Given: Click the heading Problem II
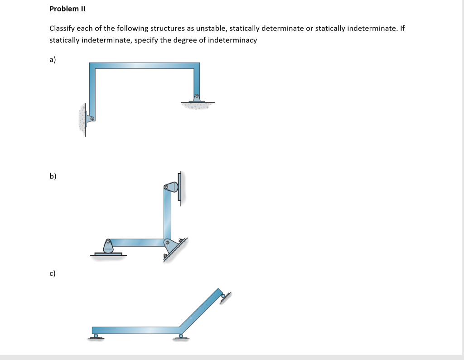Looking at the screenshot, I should click(67, 9).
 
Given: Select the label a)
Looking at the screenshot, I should click(53, 59).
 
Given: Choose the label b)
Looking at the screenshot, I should click(53, 176).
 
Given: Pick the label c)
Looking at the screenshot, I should click(53, 273).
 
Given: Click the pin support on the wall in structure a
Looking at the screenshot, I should click(90, 119).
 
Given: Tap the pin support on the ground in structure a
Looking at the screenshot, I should click(197, 98).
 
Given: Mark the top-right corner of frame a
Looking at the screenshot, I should click(197, 66).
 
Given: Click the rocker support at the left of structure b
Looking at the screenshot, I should click(108, 247).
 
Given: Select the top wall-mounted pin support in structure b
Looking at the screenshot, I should click(171, 187).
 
